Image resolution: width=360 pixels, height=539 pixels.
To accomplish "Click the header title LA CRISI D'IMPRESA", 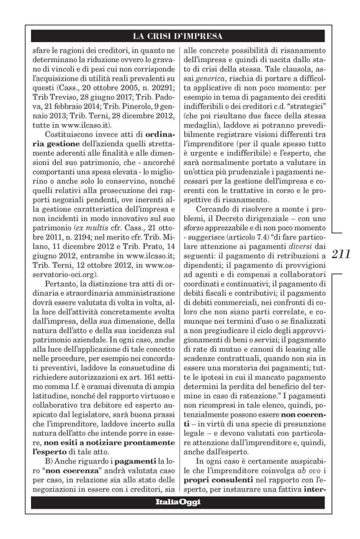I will pos(179,36).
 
